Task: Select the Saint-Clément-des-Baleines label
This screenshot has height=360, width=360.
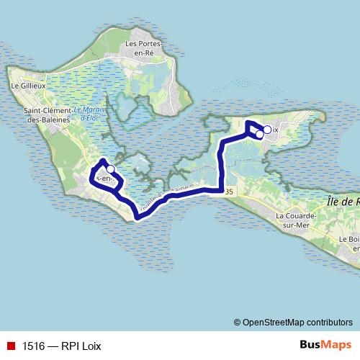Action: tap(47, 114)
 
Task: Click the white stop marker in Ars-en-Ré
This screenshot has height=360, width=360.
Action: tap(110, 169)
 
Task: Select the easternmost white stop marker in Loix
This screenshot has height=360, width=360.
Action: tap(267, 130)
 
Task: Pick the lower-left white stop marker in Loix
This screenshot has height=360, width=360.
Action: tap(259, 134)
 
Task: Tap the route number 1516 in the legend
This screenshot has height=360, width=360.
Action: tap(33, 346)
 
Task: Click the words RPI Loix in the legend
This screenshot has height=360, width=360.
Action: tap(82, 346)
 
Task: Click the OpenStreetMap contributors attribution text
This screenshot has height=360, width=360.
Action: tap(297, 323)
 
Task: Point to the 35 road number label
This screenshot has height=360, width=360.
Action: tap(229, 191)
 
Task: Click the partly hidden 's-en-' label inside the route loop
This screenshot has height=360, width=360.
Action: tap(104, 178)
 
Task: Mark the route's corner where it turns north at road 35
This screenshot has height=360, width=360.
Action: tap(220, 190)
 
